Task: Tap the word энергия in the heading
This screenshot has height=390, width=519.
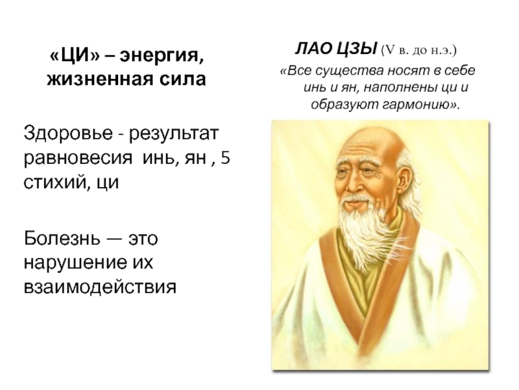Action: (x=162, y=57)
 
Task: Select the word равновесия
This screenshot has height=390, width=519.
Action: (x=78, y=158)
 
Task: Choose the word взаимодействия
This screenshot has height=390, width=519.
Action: (x=100, y=287)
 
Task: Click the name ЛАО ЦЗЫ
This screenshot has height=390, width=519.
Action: (x=336, y=49)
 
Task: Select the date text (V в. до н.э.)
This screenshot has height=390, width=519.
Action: (x=419, y=51)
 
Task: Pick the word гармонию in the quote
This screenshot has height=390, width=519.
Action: (x=418, y=105)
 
